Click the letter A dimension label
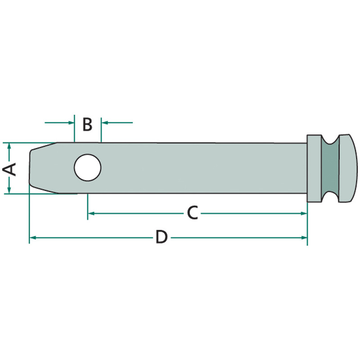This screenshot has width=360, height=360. pos(9,169)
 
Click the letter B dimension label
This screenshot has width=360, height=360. pos(87,124)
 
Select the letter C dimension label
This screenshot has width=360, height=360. pos(192,212)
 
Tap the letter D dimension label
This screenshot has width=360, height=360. pos(161,237)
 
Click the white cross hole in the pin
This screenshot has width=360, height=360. pos(87,167)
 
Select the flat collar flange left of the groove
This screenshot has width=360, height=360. pos(314,168)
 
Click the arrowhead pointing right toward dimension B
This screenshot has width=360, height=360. pos(71,122)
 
